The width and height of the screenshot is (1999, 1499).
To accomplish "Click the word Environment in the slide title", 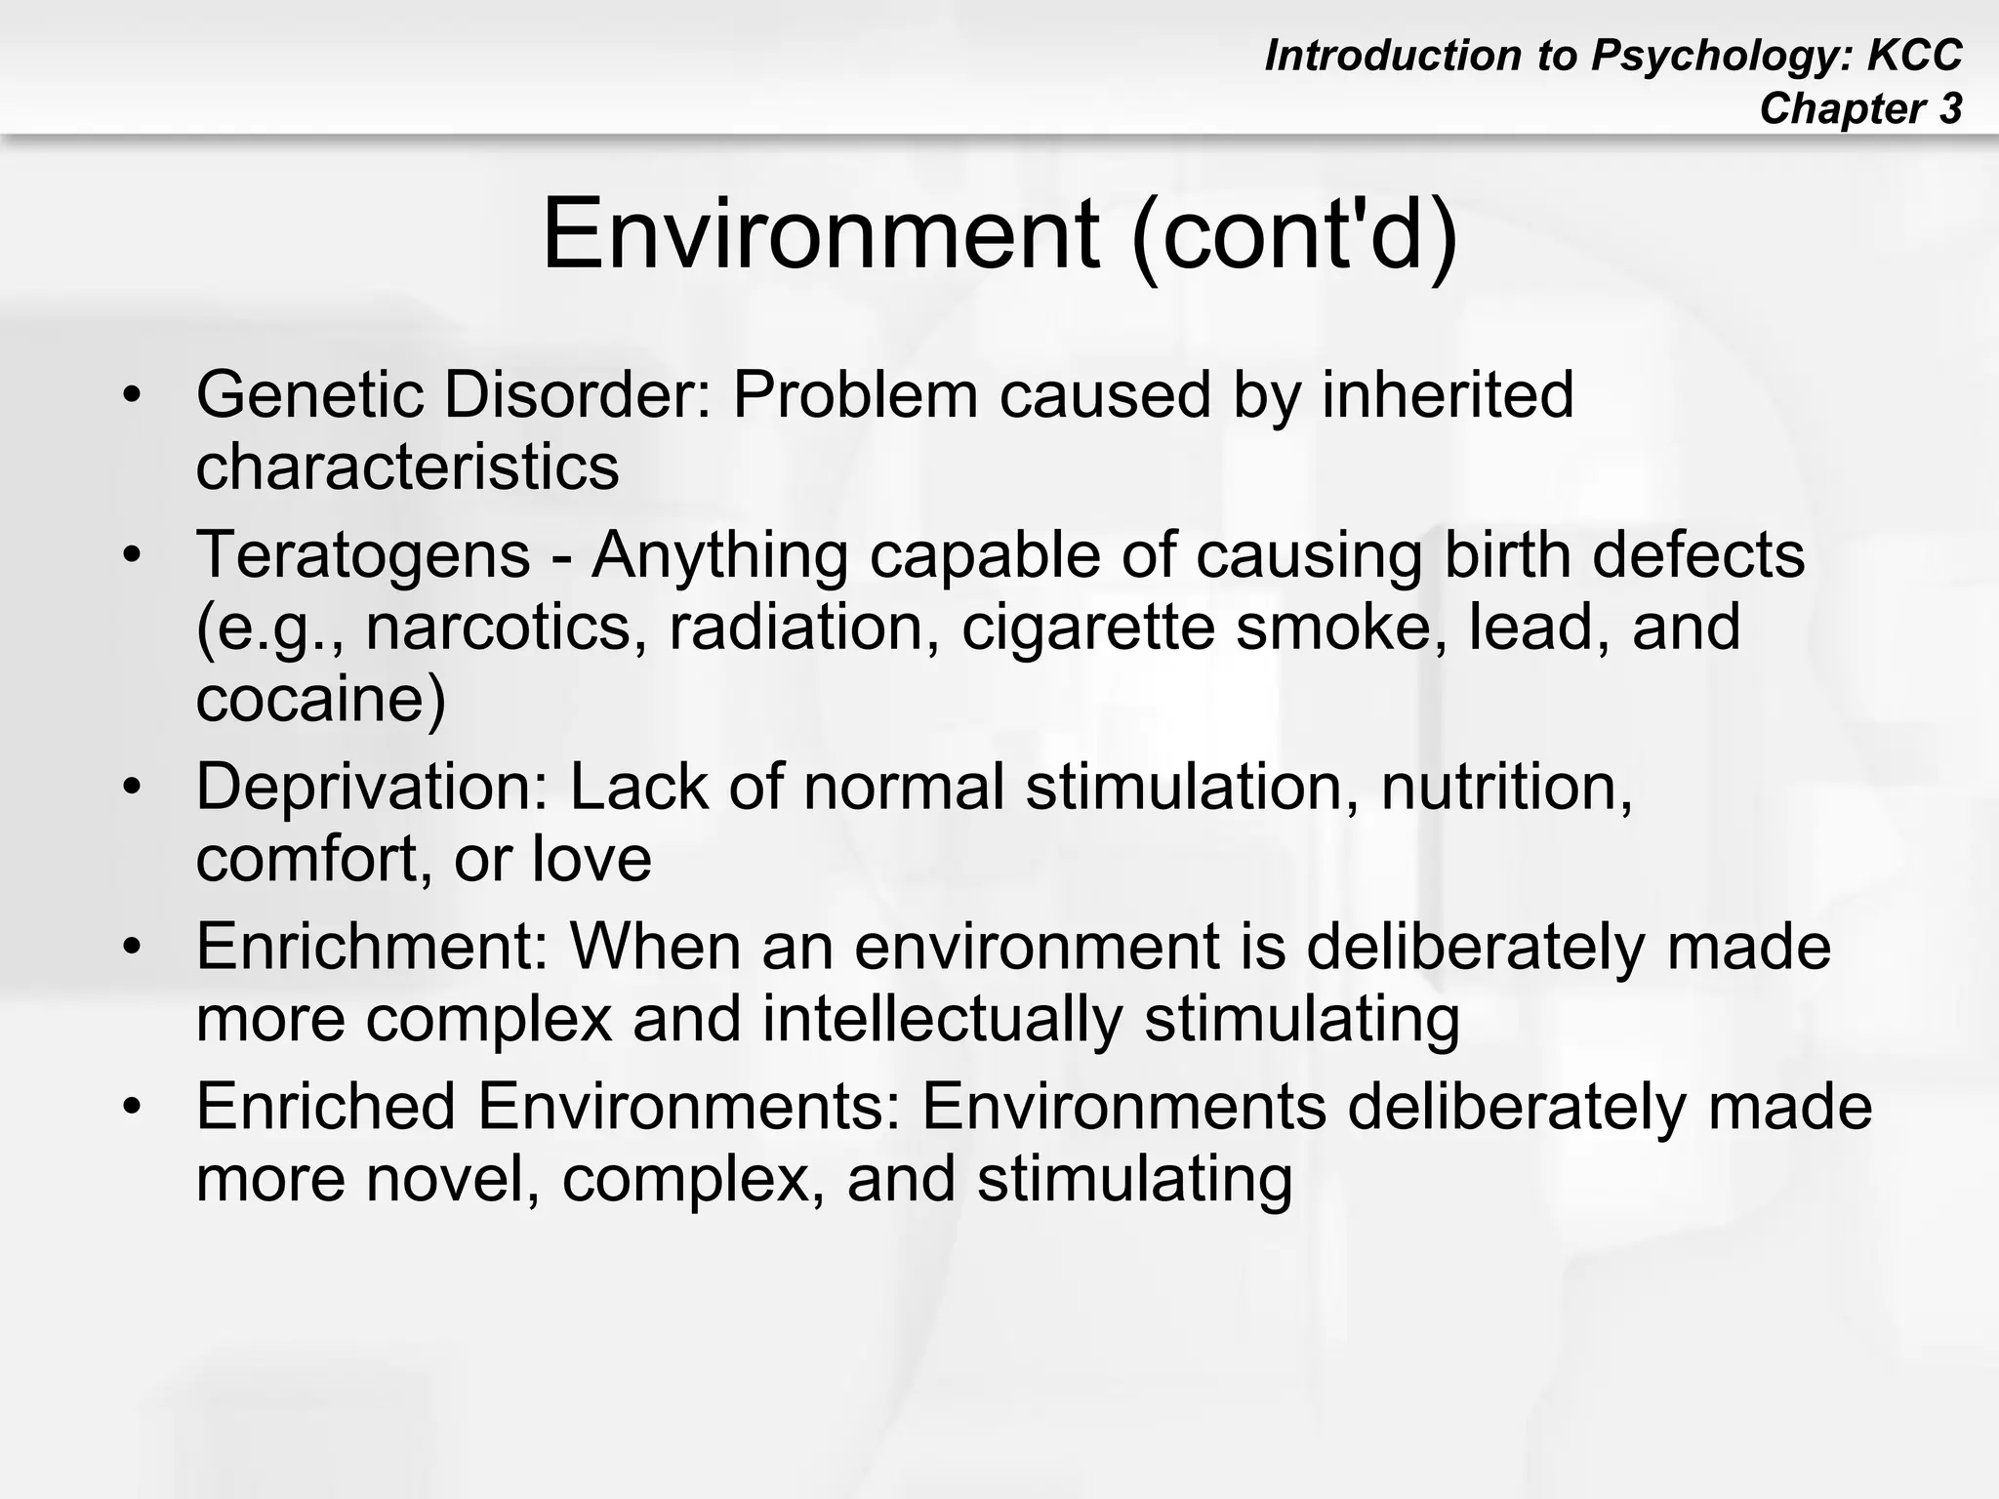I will [821, 235].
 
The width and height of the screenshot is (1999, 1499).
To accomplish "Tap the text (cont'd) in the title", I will [1294, 235].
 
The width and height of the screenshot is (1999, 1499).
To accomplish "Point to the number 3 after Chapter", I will [1950, 108].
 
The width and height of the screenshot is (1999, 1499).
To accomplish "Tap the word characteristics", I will [407, 466].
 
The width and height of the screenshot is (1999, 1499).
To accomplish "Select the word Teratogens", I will [363, 554].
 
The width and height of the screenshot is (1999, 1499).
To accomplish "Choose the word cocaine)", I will [321, 699].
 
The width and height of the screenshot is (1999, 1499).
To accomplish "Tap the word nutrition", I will [1506, 786].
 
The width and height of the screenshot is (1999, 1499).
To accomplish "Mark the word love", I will [592, 859].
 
